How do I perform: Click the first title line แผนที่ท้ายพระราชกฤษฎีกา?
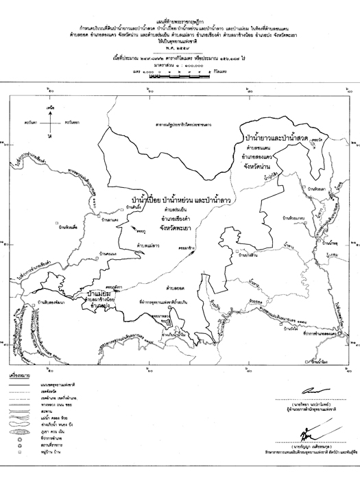180,6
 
